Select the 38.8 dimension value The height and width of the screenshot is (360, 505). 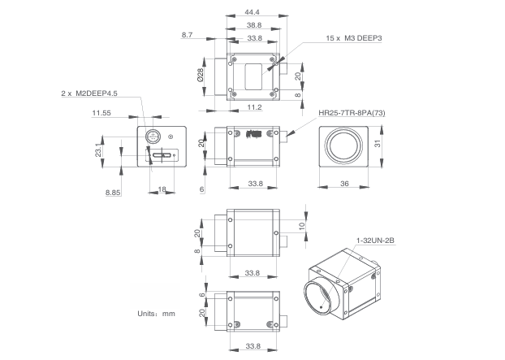pyautogui.click(x=254, y=26)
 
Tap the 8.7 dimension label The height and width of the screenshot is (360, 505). pyautogui.click(x=188, y=35)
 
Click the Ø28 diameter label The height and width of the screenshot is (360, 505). pyautogui.click(x=199, y=76)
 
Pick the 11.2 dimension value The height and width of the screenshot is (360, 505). pyautogui.click(x=254, y=106)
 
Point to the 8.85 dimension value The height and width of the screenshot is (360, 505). pyautogui.click(x=113, y=192)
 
